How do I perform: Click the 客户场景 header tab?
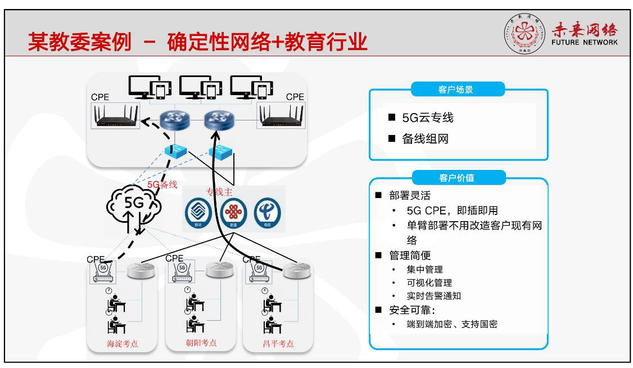(458, 89)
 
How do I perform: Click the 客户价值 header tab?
(458, 178)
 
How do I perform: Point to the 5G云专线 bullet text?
(427, 118)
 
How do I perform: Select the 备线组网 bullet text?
(425, 139)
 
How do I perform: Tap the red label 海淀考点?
(122, 343)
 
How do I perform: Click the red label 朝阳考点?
(201, 342)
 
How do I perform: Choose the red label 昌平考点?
(278, 343)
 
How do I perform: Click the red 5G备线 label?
(162, 184)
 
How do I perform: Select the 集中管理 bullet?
(425, 270)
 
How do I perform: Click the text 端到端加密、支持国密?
(452, 324)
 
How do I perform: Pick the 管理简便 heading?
(410, 256)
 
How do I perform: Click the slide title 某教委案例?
(79, 42)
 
